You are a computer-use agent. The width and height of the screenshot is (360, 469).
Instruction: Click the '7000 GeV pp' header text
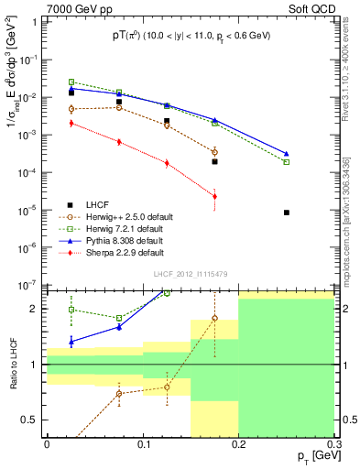click(x=78, y=9)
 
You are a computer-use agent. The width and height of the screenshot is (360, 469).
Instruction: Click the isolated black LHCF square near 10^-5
click(x=287, y=213)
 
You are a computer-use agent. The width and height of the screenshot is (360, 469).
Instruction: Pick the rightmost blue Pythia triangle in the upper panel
click(x=287, y=154)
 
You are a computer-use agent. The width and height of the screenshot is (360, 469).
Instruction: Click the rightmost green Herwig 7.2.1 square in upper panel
click(x=287, y=162)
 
